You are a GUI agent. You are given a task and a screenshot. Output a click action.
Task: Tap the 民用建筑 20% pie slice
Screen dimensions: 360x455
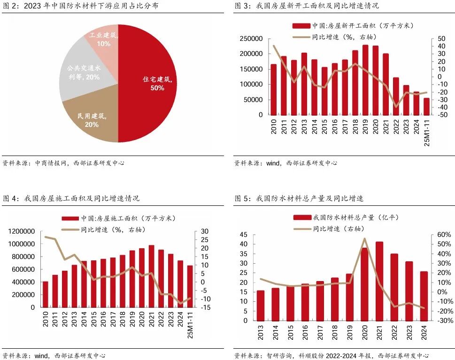pos(92,120)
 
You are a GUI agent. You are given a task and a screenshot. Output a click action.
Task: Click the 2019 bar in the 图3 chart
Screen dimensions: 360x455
pos(365,80)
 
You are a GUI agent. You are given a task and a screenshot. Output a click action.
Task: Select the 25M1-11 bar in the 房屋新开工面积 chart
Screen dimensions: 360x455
pos(426,106)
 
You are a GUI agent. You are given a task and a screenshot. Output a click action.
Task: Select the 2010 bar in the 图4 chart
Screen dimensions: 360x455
pos(46,294)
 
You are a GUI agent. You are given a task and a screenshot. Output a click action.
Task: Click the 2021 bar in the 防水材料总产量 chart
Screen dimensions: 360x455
pos(379,281)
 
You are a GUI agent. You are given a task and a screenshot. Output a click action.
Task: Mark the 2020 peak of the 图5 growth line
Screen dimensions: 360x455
pos(365,239)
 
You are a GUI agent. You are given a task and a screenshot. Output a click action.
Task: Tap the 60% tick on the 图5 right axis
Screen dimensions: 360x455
pos(444,235)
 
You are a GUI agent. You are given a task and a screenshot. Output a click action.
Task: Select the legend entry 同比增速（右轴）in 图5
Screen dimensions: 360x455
pos(333,229)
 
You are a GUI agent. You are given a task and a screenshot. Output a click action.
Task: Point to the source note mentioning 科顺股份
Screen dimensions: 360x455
pos(331,355)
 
